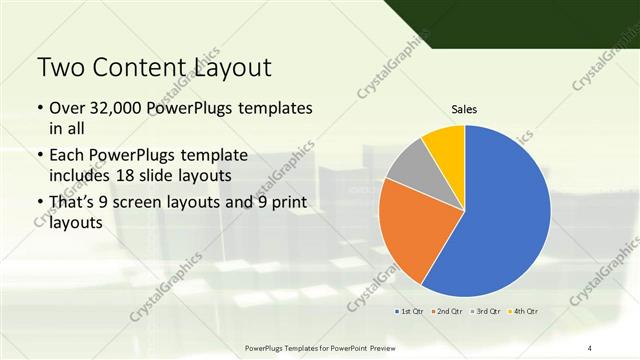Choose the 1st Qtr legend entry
411,311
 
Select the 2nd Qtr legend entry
447,311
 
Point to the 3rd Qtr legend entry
485,311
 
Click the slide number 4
590,347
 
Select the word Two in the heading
61,68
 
